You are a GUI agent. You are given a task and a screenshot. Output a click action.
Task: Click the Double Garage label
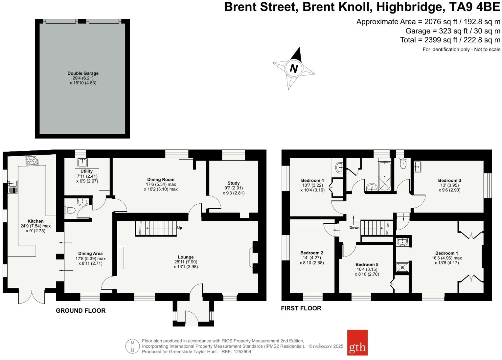tap(83, 73)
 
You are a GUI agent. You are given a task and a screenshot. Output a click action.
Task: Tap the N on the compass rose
tap(294, 69)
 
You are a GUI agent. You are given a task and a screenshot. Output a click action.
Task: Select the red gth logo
tap(357, 343)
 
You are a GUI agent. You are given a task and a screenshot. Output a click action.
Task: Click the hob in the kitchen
tap(32, 161)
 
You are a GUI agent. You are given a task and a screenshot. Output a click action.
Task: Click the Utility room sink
tap(82, 162)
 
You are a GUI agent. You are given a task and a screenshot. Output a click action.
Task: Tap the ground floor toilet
tap(70, 210)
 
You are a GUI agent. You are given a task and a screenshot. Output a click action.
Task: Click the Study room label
tap(234, 183)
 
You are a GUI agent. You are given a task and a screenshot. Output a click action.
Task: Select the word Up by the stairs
tap(180, 228)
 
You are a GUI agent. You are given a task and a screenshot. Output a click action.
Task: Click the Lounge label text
tap(186, 257)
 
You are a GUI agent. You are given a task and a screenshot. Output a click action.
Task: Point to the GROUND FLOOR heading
tap(80, 311)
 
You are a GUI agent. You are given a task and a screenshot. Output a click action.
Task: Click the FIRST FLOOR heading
tap(301, 308)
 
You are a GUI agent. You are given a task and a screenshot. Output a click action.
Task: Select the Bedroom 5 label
tap(367, 264)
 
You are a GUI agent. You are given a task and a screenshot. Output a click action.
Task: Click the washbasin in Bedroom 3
tap(418, 167)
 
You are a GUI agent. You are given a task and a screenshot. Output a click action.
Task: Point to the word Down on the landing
tap(354, 228)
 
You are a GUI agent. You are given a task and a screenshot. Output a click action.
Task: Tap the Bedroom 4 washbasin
tap(339, 168)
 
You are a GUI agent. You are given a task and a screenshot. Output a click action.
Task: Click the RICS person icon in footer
tap(132, 346)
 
